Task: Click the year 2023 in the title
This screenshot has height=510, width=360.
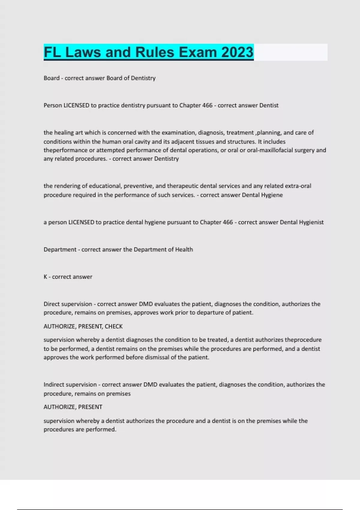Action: [x=237, y=52]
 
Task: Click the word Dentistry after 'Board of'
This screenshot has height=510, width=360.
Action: [x=143, y=78]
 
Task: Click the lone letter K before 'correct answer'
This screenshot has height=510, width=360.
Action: [x=45, y=277]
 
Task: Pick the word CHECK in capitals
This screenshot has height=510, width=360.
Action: [x=114, y=326]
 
